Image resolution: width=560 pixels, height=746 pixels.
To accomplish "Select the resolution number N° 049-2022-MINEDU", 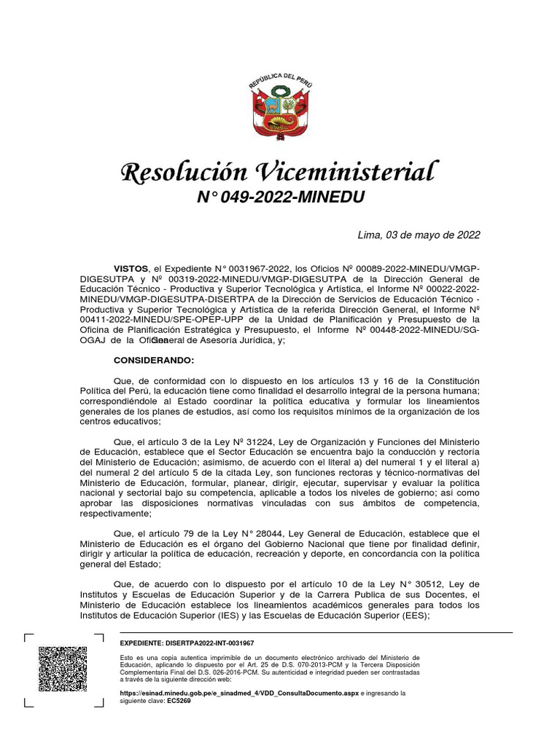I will click(x=280, y=197).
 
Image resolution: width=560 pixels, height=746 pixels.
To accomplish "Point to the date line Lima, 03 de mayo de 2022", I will click(x=419, y=235).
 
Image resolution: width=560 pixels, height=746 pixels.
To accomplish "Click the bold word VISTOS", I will click(x=131, y=269).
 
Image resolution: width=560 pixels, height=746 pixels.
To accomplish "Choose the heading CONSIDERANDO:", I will click(x=154, y=361).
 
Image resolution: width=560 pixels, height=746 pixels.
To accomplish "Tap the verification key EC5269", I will click(x=179, y=701).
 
